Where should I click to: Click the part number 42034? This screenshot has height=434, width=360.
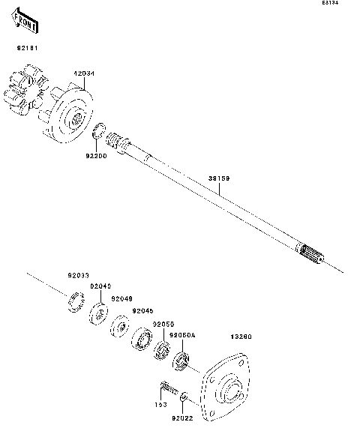[x=82, y=73]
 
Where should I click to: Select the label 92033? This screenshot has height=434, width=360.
[x=77, y=275]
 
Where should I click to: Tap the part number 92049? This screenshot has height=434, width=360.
[x=121, y=298]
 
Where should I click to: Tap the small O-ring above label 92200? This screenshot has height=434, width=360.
[x=98, y=133]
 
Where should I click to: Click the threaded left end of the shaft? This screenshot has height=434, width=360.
[x=118, y=140]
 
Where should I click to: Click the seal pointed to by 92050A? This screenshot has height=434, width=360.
[x=179, y=364]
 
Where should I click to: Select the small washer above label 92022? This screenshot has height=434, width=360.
[x=185, y=397]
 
